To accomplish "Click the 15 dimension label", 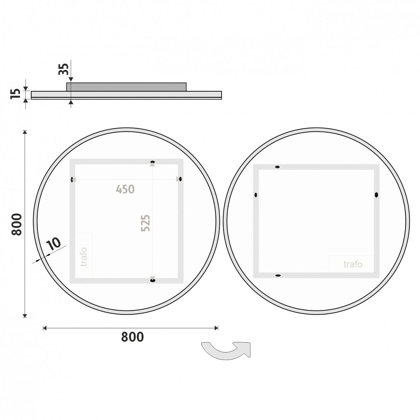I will pyautogui.click(x=15, y=94).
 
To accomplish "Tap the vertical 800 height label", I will pyautogui.click(x=17, y=224).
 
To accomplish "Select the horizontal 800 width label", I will pyautogui.click(x=132, y=337).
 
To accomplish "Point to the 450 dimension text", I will pyautogui.click(x=125, y=189).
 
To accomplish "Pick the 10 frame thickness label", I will pyautogui.click(x=54, y=244).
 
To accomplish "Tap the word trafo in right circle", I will pyautogui.click(x=352, y=264).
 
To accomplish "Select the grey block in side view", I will pyautogui.click(x=126, y=87).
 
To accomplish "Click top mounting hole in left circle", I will pyautogui.click(x=152, y=162).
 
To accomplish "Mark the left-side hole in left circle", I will pyautogui.click(x=72, y=180).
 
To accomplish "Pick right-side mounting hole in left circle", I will pyautogui.click(x=180, y=179).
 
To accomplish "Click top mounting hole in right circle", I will pyautogui.click(x=278, y=167).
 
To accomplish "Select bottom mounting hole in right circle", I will pyautogui.click(x=278, y=276).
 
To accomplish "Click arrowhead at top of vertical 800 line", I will pyautogui.click(x=24, y=132).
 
